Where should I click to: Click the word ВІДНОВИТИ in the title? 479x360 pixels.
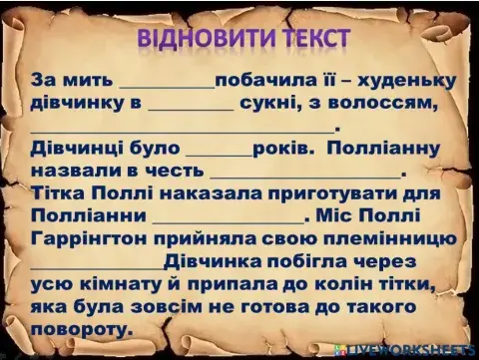[x=198, y=39]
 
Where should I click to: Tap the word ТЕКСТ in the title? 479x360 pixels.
[x=307, y=39]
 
